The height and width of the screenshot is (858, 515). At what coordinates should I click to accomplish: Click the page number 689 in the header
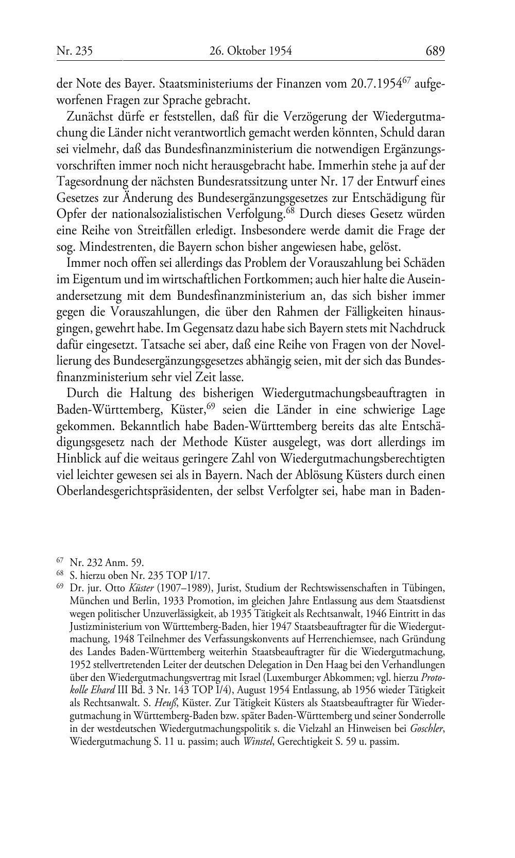[435, 51]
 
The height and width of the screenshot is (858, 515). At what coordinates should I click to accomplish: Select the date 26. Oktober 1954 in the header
[251, 51]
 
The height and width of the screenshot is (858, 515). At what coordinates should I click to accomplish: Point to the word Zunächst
[89, 116]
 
